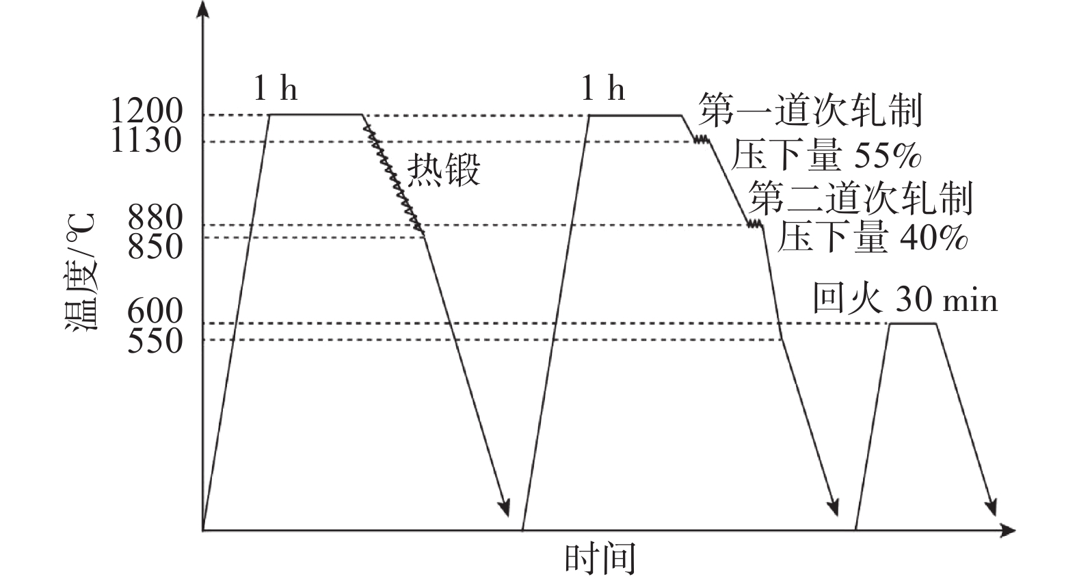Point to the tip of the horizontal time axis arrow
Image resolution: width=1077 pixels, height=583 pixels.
(x=1015, y=530)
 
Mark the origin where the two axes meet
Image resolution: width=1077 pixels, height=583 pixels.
(x=203, y=530)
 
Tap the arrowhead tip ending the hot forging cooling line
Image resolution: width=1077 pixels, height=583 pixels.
(x=507, y=516)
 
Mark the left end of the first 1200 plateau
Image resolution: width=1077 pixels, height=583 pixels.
(x=269, y=114)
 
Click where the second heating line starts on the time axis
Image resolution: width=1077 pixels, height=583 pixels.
(x=522, y=530)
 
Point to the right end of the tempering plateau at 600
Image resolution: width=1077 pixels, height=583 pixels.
(x=937, y=324)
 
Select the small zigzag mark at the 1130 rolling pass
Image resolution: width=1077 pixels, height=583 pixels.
(x=701, y=139)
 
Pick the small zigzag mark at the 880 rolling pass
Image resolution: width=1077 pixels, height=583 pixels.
(x=755, y=224)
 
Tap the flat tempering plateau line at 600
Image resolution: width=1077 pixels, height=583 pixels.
(x=913, y=324)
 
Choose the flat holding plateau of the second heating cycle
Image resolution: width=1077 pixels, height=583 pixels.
(x=635, y=116)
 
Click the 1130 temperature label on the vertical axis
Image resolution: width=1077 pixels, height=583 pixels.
(x=146, y=141)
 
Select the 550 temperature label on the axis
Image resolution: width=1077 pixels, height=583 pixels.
(x=155, y=341)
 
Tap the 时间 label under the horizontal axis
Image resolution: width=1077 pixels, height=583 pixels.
(x=600, y=558)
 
